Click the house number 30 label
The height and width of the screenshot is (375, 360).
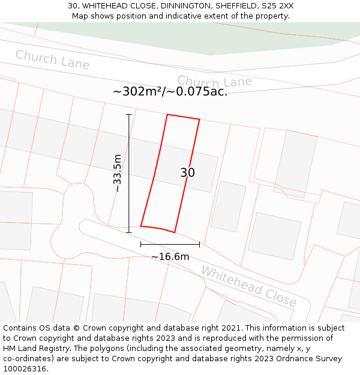(x=187, y=173)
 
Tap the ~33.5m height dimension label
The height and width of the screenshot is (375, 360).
(x=118, y=173)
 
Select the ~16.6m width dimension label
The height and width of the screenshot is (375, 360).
(x=170, y=257)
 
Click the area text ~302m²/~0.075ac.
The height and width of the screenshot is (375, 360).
(x=170, y=92)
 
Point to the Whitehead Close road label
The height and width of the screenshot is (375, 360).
(x=248, y=286)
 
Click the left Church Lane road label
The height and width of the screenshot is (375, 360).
(x=52, y=59)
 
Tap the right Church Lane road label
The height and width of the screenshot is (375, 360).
(x=214, y=82)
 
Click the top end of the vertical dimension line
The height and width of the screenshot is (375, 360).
(x=128, y=114)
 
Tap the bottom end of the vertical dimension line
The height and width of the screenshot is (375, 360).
(x=128, y=232)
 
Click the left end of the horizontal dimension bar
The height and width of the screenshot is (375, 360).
(x=141, y=244)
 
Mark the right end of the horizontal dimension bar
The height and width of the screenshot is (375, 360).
(x=199, y=244)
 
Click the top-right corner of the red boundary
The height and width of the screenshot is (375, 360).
(x=199, y=119)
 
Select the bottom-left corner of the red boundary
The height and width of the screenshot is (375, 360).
(x=141, y=226)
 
